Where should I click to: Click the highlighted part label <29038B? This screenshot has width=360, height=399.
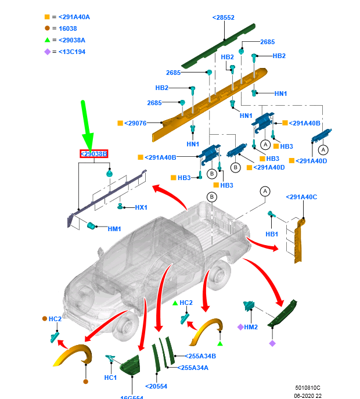point(93,154)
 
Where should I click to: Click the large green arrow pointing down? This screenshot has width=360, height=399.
point(87,125)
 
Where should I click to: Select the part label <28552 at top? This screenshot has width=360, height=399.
point(223,18)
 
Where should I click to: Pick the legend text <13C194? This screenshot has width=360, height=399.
point(72,52)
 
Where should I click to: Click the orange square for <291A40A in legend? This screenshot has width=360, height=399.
point(47,17)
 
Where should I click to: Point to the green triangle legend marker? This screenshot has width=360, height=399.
point(47,40)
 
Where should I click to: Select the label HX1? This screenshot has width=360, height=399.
point(141,207)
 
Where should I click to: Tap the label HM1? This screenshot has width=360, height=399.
point(114,229)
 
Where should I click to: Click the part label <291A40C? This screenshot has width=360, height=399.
point(301,197)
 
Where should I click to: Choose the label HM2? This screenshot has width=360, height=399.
point(251,328)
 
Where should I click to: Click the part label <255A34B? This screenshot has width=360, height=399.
point(200,356)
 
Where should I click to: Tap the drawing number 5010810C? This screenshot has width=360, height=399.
point(307,387)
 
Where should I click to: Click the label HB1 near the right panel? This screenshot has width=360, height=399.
point(272,234)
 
